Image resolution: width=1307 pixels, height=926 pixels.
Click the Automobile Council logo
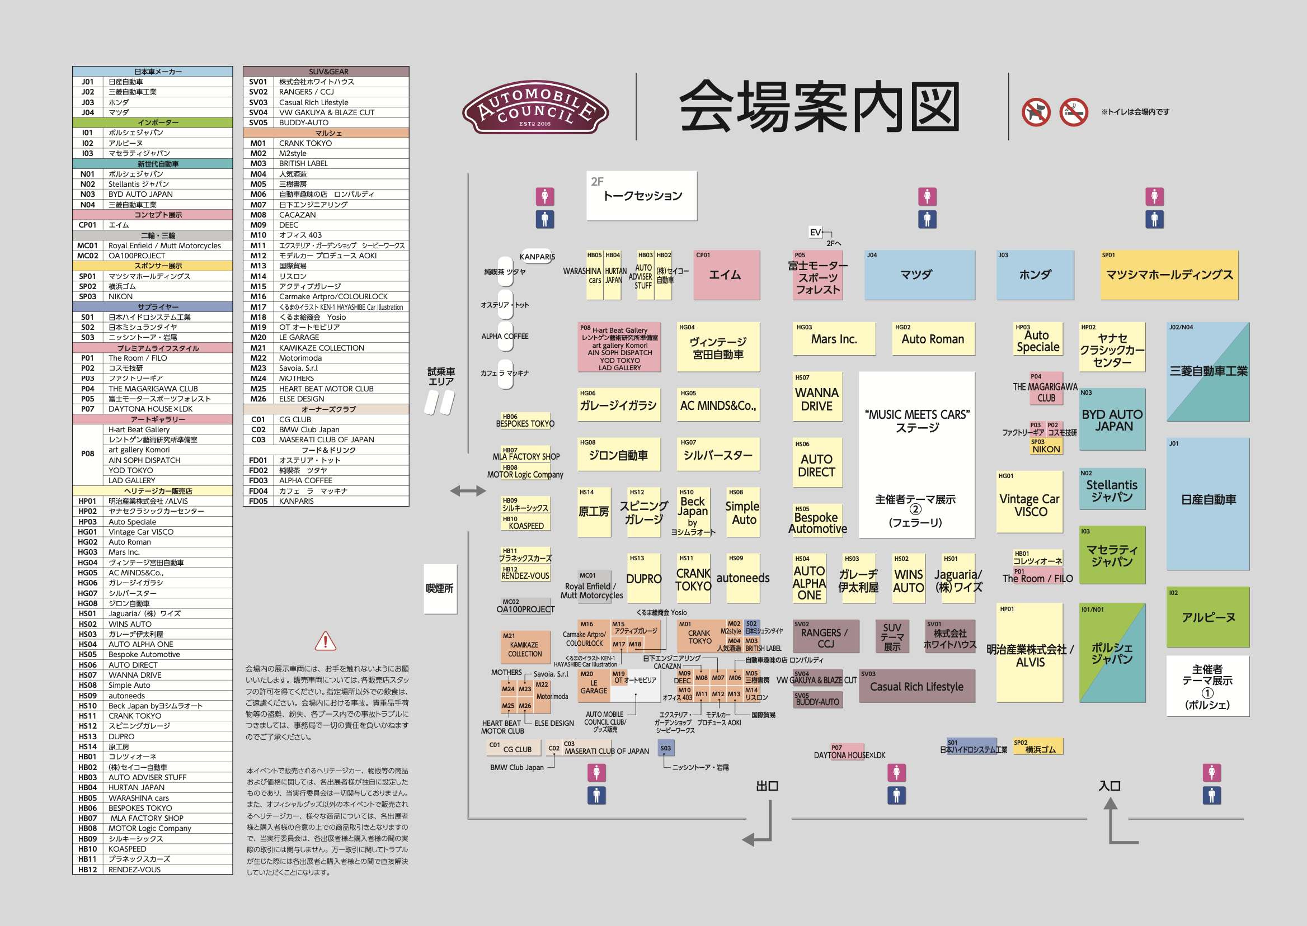(x=535, y=107)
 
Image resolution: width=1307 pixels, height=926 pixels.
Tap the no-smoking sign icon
(x=1074, y=112)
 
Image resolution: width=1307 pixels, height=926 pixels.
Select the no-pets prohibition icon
(x=1036, y=112)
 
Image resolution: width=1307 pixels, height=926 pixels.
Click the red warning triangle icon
(x=325, y=641)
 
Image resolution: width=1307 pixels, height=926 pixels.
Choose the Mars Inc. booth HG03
(x=834, y=339)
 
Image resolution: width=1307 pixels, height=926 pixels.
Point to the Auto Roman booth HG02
(x=932, y=339)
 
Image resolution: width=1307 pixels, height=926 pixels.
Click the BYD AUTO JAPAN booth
(x=1112, y=421)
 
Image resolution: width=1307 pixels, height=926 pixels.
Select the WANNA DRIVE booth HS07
(x=816, y=399)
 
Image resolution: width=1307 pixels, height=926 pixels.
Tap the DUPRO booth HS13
(x=643, y=578)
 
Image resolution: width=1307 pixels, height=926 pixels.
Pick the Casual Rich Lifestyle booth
(x=916, y=687)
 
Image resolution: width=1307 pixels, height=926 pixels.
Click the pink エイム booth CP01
(x=726, y=275)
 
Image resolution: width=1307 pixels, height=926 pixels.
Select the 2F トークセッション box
(x=641, y=196)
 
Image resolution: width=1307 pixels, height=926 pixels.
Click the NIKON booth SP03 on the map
(x=1046, y=446)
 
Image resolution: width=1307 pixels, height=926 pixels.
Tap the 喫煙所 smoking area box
(x=440, y=588)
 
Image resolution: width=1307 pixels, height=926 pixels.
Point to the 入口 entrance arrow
(x=1111, y=821)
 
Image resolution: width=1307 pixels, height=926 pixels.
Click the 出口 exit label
(x=767, y=786)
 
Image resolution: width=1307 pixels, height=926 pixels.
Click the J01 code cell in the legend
(x=87, y=82)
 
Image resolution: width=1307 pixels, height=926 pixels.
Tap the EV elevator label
(x=815, y=232)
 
